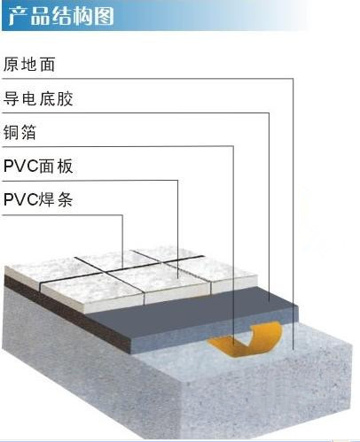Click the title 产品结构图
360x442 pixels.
pos(61,15)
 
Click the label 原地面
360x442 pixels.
pos(29,65)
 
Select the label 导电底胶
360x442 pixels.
pos(38,98)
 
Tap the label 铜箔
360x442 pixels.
pos(20,132)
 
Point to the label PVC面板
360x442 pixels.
pos(38,167)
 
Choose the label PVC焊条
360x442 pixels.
pos(38,199)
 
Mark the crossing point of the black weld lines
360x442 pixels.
pos(107,272)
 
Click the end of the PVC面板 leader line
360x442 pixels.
pos(178,277)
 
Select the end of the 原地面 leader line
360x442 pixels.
pos(293,349)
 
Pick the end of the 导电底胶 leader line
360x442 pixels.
pos(269,300)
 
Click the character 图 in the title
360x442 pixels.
pos(105,16)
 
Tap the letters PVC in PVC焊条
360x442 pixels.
pos(21,200)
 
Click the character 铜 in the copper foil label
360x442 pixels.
pos(11,132)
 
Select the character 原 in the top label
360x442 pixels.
pos(11,65)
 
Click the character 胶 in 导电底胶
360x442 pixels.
pos(65,98)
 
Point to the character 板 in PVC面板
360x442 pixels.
pos(65,167)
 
